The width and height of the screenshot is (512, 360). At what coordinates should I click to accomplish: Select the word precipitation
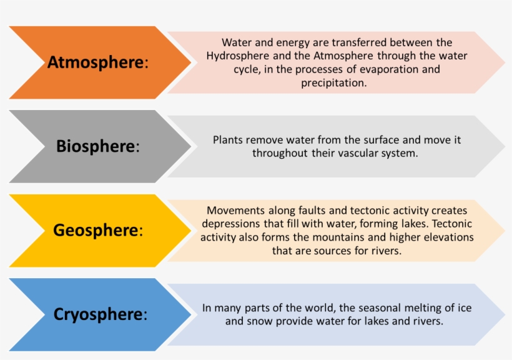[334, 82]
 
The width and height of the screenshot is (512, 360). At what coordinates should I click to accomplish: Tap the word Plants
[228, 140]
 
